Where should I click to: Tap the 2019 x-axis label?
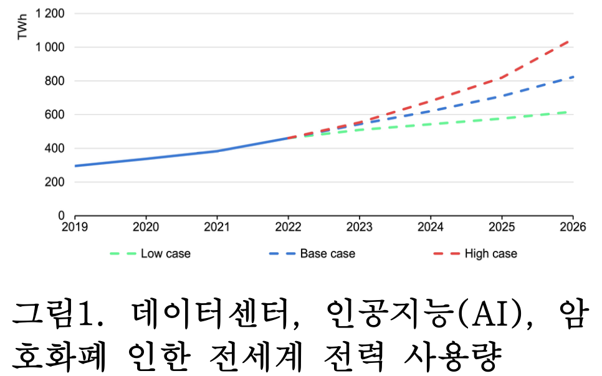click(x=74, y=227)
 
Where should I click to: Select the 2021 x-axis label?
click(x=216, y=227)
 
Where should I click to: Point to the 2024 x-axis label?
click(x=431, y=227)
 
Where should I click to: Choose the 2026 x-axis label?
click(x=573, y=227)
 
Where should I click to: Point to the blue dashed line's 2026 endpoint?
click(x=572, y=77)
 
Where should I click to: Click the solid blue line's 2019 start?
click(x=75, y=166)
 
